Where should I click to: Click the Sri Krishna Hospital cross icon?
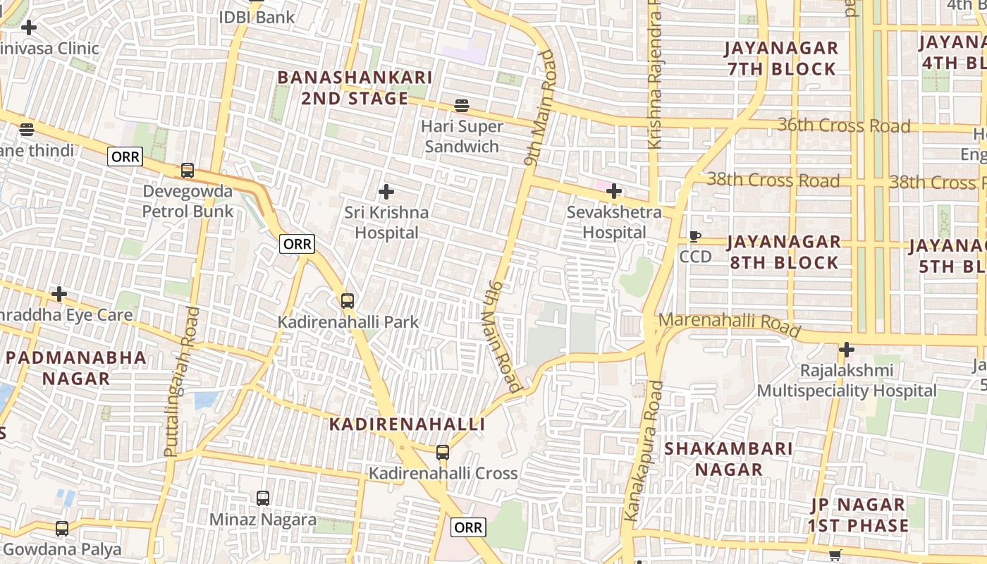click(386, 191)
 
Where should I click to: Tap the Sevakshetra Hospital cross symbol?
click(614, 190)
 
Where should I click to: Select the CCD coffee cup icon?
click(695, 237)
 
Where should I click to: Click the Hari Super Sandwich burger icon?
click(462, 106)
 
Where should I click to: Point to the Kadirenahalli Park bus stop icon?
click(347, 301)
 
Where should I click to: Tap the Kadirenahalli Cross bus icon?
click(442, 453)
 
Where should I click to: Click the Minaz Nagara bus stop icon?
click(263, 498)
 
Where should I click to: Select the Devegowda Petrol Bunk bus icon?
click(187, 171)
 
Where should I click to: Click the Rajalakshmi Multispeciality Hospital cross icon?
click(847, 350)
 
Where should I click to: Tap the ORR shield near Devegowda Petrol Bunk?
click(125, 157)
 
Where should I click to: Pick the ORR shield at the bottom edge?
click(468, 527)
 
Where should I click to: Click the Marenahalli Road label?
click(729, 324)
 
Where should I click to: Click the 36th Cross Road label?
click(844, 126)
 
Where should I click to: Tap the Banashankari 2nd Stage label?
click(354, 87)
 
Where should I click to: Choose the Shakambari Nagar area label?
click(728, 459)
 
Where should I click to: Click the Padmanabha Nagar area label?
click(76, 367)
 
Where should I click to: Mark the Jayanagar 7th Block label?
click(782, 59)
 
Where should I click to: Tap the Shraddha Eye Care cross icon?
click(59, 294)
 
